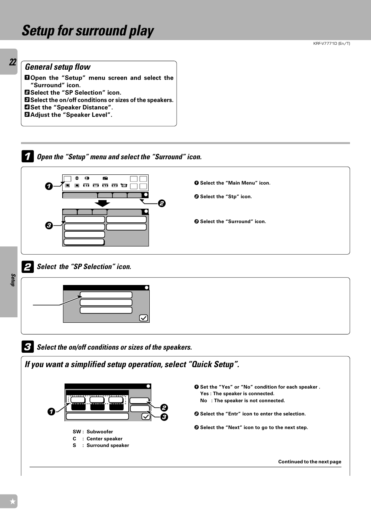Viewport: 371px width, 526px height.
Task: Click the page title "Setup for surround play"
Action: pyautogui.click(x=88, y=31)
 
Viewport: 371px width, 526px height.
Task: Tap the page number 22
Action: pyautogui.click(x=13, y=62)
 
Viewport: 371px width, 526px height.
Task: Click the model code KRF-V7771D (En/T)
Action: pyautogui.click(x=331, y=44)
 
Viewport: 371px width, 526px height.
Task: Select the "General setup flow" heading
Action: pyautogui.click(x=58, y=67)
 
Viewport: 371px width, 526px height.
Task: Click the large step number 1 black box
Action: pyautogui.click(x=27, y=157)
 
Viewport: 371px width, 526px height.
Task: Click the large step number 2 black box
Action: pyautogui.click(x=27, y=267)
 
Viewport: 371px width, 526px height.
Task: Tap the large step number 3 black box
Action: pyautogui.click(x=27, y=347)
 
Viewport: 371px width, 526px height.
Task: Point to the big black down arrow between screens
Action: pyautogui.click(x=102, y=203)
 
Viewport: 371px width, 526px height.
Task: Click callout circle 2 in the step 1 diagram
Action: pyautogui.click(x=162, y=203)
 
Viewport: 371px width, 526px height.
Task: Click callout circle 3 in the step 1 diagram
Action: pyautogui.click(x=49, y=225)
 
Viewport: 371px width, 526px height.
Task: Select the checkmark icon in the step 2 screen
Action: pyautogui.click(x=143, y=318)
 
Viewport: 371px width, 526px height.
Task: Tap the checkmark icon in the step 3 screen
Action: pyautogui.click(x=146, y=416)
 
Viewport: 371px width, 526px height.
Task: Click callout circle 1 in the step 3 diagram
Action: pyautogui.click(x=51, y=412)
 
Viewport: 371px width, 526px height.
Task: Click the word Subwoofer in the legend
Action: pyautogui.click(x=100, y=432)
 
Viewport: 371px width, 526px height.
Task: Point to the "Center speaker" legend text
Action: pyautogui.click(x=104, y=439)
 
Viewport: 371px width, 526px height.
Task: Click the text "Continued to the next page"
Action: pyautogui.click(x=310, y=462)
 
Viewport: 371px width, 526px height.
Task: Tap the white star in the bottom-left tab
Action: pyautogui.click(x=12, y=501)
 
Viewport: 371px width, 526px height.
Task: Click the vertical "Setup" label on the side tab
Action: pyautogui.click(x=13, y=280)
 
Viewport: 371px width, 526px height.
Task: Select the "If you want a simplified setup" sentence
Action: pyautogui.click(x=132, y=364)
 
